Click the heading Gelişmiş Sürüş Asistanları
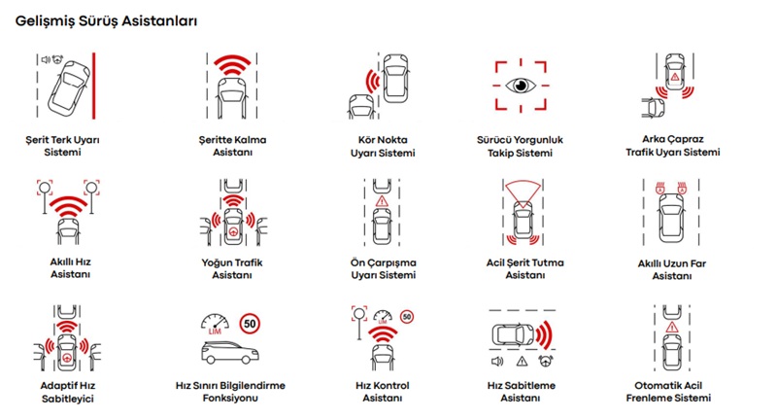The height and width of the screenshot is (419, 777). tap(106, 21)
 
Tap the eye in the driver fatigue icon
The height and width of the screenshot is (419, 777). tap(521, 86)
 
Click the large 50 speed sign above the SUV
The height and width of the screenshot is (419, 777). tap(250, 324)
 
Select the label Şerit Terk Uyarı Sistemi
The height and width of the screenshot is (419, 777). tap(62, 146)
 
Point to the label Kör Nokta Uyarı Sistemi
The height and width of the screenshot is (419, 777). tap(383, 146)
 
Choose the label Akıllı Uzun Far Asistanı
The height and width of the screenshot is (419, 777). tap(672, 269)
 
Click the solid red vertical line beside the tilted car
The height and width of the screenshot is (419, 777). tap(93, 86)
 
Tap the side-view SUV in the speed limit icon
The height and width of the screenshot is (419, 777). tap(230, 353)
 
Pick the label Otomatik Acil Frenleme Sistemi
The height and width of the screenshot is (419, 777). tap(668, 392)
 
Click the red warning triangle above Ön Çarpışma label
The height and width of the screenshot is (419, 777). tap(382, 201)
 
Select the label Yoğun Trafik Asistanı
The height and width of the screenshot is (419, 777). tap(232, 268)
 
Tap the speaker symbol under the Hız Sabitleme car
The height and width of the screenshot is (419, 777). tap(497, 362)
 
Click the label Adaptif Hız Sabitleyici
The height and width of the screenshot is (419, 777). tap(67, 392)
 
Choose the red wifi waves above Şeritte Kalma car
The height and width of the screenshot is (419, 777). tap(232, 65)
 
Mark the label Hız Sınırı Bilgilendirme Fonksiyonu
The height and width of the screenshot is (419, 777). tap(230, 392)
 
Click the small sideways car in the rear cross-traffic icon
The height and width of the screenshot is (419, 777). tap(653, 108)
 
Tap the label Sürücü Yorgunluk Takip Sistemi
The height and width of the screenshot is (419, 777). tap(520, 146)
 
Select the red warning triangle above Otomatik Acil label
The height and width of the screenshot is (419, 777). tap(672, 327)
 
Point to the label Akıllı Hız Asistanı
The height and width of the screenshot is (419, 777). tap(70, 267)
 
